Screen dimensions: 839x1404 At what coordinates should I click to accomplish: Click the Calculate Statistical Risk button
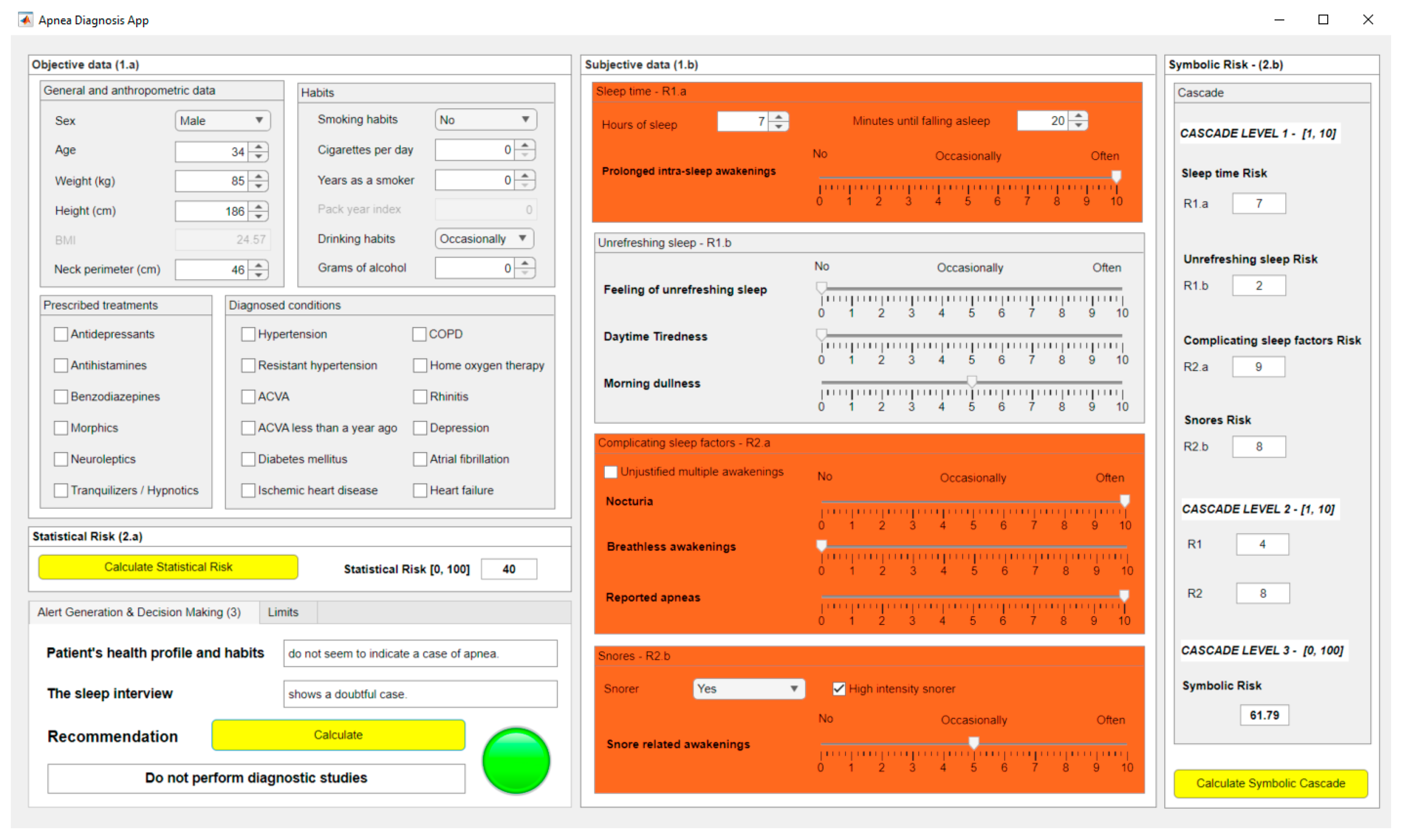[x=168, y=567]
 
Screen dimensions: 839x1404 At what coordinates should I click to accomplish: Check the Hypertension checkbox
[x=248, y=334]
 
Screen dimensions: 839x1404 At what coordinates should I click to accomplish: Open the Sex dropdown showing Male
[x=222, y=120]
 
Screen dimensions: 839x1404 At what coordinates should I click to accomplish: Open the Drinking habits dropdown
[x=484, y=239]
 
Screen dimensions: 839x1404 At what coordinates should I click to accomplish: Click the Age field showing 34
[x=212, y=151]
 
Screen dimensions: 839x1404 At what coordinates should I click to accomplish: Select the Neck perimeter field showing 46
[x=212, y=270]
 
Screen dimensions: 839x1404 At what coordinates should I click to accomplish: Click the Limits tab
[x=283, y=612]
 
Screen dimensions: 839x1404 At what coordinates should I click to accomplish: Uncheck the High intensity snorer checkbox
[x=839, y=689]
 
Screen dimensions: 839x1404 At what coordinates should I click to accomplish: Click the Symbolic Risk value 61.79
[x=1264, y=715]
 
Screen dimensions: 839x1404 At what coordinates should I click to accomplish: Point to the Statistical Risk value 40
[x=509, y=569]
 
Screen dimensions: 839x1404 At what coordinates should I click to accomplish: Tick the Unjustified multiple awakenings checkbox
[x=611, y=471]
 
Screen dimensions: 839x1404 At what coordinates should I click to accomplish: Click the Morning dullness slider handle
[x=972, y=382]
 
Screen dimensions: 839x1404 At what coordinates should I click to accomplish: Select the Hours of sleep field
[x=743, y=121]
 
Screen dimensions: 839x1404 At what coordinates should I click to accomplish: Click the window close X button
[x=1368, y=20]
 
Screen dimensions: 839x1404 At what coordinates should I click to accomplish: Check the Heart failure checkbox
[x=420, y=490]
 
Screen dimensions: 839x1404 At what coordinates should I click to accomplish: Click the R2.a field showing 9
[x=1258, y=367]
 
